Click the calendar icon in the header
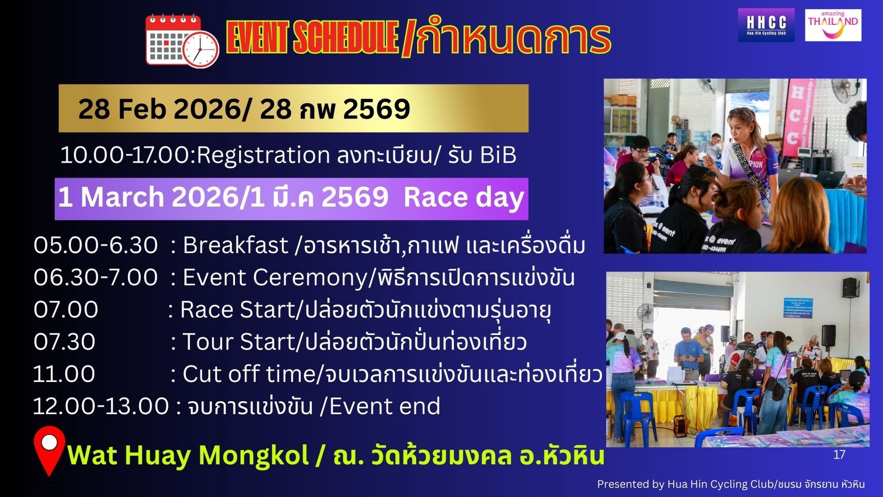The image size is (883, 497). pyautogui.click(x=173, y=39)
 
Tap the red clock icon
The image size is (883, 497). pyautogui.click(x=201, y=49)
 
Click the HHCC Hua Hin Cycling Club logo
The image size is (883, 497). pyautogui.click(x=766, y=25)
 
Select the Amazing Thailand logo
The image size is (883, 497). pyautogui.click(x=833, y=25)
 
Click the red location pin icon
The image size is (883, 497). pyautogui.click(x=49, y=451)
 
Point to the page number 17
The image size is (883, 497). pyautogui.click(x=839, y=455)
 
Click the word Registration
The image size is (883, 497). pyautogui.click(x=263, y=155)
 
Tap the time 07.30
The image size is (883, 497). pyautogui.click(x=64, y=342)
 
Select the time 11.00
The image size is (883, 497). pyautogui.click(x=64, y=374)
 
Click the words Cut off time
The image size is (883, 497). pyautogui.click(x=249, y=374)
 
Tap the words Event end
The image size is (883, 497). pyautogui.click(x=385, y=406)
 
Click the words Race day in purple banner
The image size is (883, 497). pyautogui.click(x=464, y=198)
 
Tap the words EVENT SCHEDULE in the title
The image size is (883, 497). pyautogui.click(x=312, y=38)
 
